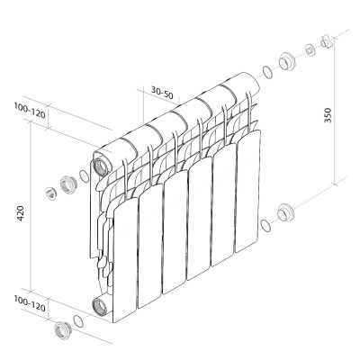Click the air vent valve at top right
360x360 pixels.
[x=327, y=42]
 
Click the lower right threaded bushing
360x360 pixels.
[x=287, y=213]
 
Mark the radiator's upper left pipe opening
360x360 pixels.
[x=99, y=167]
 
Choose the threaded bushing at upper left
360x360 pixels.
[x=67, y=188]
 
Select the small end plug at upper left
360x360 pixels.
[x=51, y=193]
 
